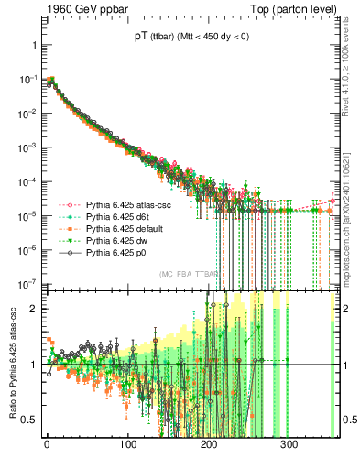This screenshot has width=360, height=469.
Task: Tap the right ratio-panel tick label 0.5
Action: (349, 420)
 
